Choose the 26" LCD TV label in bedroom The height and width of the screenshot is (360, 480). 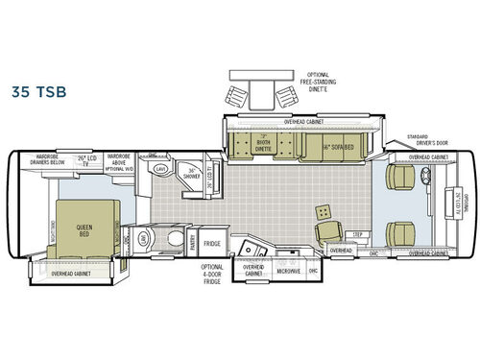89,159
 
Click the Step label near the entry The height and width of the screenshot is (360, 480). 357,233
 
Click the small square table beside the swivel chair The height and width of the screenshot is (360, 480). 322,211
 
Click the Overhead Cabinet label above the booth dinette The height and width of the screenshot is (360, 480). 304,122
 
